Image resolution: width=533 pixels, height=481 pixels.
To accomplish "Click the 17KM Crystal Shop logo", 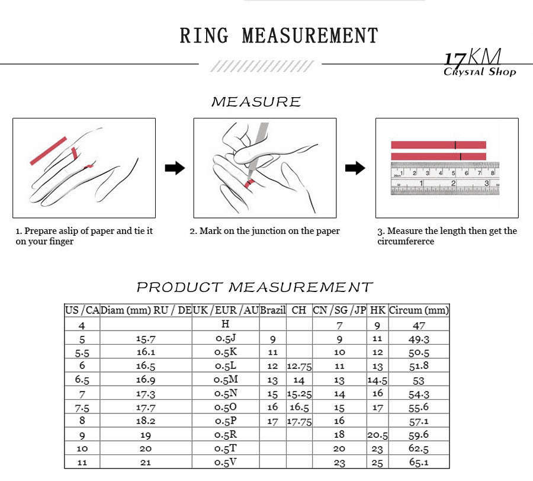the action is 480,63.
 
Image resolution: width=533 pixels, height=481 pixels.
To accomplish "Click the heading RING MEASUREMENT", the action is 279,36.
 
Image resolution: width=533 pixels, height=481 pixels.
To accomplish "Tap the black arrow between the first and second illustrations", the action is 175,168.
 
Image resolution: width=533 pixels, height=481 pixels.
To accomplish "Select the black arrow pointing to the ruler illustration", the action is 355,168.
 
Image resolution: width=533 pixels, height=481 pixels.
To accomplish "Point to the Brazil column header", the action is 272,310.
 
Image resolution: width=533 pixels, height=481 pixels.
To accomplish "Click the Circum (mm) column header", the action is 419,310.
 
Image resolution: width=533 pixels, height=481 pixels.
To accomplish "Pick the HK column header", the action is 377,310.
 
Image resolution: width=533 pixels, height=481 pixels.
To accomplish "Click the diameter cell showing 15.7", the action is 146,339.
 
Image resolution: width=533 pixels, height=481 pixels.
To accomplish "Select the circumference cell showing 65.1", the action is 419,462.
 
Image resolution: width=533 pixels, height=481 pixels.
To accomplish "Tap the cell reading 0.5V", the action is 226,462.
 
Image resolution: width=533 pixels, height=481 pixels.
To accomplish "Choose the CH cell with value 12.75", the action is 299,366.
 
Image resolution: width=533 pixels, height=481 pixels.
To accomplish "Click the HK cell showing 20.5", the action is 377,435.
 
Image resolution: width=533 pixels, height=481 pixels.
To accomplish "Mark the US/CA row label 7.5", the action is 82,408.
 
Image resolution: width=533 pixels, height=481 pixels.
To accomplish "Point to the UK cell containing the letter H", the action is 225,323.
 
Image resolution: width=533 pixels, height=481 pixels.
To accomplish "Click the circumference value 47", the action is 419,326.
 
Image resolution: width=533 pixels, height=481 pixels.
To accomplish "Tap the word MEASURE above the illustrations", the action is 256,102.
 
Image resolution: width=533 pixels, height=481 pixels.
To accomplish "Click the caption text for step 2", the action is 265,231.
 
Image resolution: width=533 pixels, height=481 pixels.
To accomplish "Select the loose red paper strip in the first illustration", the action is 49,151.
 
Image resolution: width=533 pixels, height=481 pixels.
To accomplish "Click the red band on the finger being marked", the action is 250,184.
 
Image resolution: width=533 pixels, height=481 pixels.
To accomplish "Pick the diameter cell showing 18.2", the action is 146,421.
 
